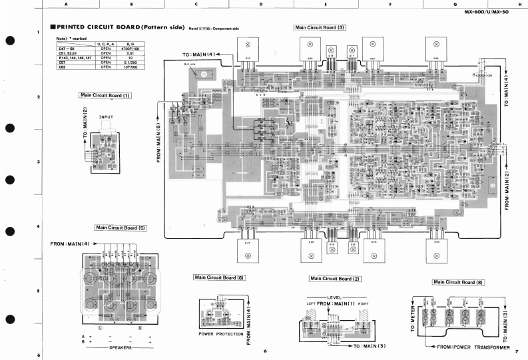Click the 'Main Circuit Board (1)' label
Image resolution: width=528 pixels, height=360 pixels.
point(105,95)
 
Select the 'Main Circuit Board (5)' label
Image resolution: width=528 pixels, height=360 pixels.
point(121,228)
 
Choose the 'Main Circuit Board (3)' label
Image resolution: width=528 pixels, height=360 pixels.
point(320,27)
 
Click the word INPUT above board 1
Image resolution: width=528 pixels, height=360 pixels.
point(107,118)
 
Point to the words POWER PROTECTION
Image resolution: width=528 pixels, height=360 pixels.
point(221,333)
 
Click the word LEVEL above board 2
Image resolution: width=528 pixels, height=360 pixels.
point(334,297)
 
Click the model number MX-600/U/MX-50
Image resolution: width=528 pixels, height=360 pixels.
point(495,12)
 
